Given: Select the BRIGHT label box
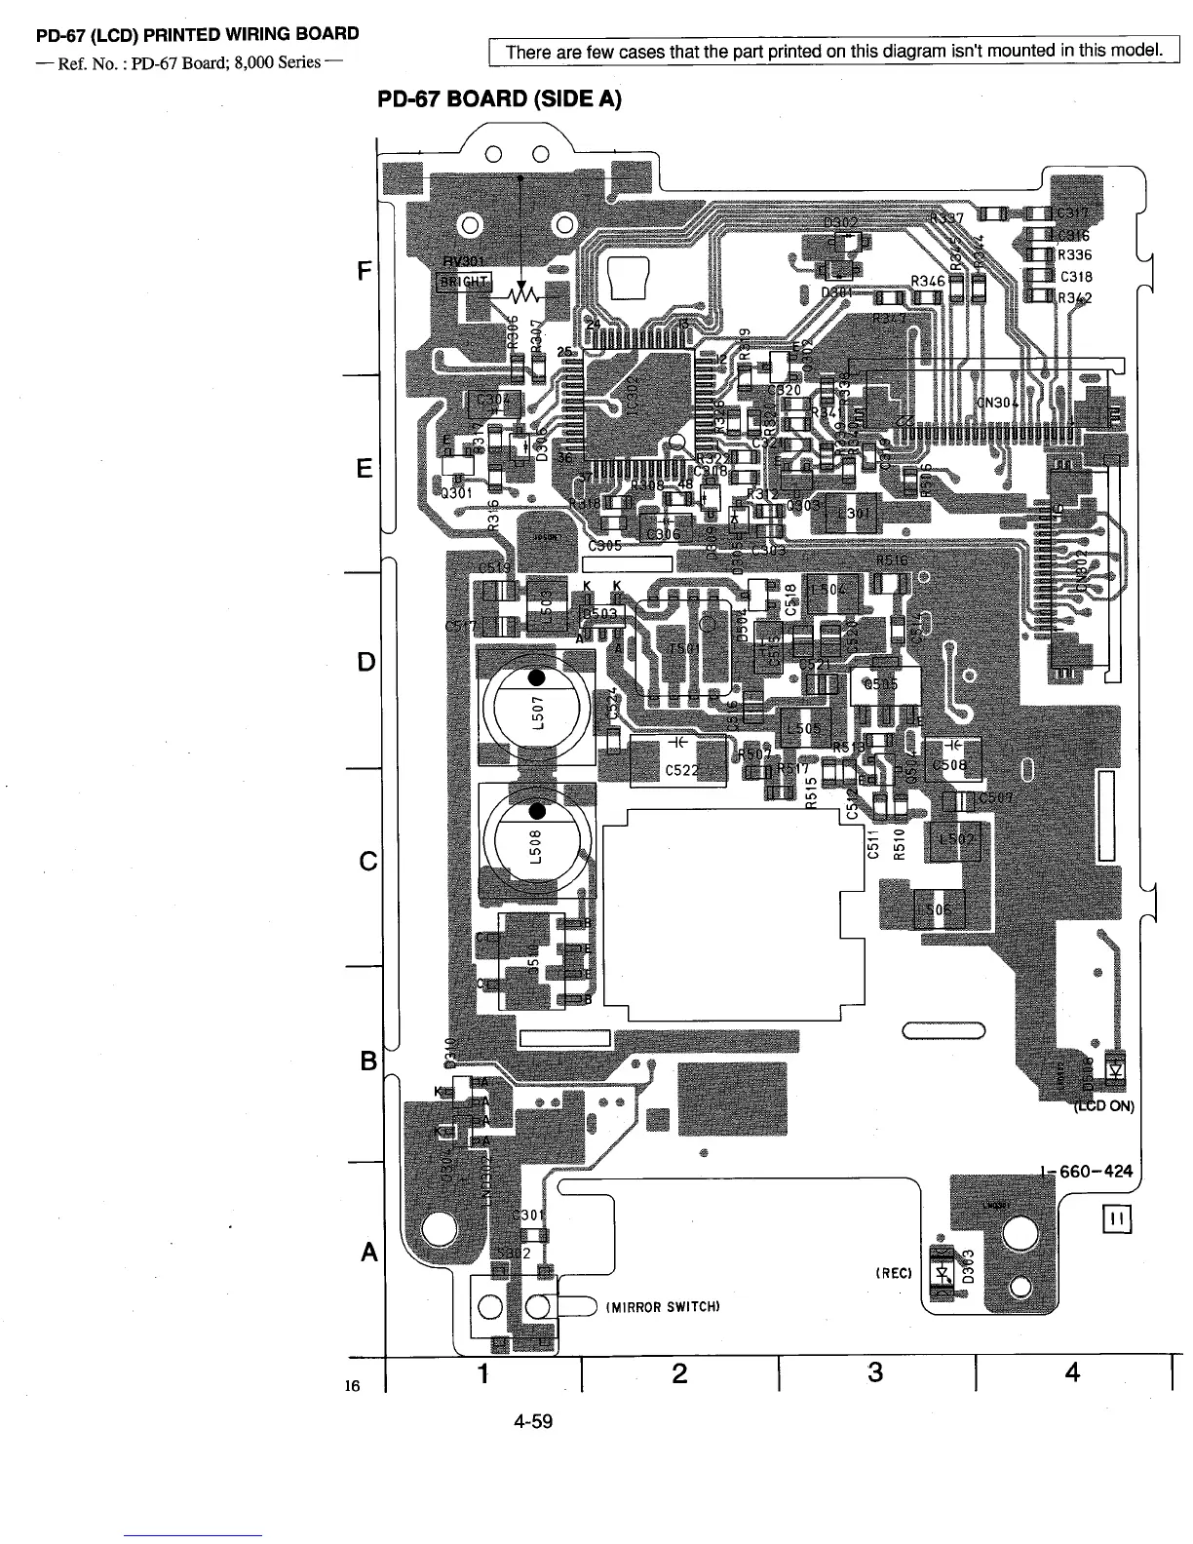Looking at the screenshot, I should click(x=463, y=282).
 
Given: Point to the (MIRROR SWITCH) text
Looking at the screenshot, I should click(x=663, y=1307).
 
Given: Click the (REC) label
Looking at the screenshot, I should click(x=893, y=1272).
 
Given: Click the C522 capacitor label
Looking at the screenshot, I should click(x=680, y=770).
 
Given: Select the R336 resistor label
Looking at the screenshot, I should click(x=1075, y=255).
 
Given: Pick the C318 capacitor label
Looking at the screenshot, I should click(x=1075, y=276).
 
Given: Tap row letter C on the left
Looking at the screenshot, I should click(x=367, y=862).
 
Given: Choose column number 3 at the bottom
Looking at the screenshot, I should click(x=875, y=1373).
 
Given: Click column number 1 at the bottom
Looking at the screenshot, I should click(x=482, y=1373).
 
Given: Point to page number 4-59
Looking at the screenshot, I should click(x=533, y=1421).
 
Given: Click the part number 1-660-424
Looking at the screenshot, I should click(x=1087, y=1172).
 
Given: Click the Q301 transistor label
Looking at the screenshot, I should click(x=457, y=492).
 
